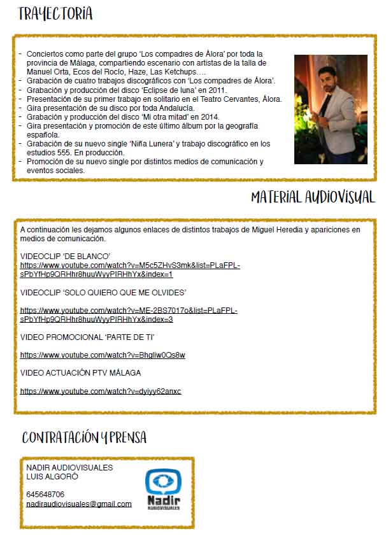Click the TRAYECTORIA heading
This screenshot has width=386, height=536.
click(55, 14)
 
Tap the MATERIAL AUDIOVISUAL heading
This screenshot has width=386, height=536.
click(313, 197)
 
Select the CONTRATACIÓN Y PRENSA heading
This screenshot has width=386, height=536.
click(84, 437)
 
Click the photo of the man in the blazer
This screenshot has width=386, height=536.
click(331, 109)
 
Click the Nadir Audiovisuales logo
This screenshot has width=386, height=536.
click(163, 490)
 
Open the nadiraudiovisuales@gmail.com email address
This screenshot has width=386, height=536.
click(79, 504)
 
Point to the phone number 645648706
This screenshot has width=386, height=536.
click(45, 494)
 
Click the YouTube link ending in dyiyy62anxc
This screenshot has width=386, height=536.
click(101, 391)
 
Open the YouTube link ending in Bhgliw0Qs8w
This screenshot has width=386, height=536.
click(103, 355)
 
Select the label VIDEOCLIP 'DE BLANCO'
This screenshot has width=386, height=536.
click(66, 256)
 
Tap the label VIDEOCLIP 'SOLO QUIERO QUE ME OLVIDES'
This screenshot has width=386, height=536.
click(103, 292)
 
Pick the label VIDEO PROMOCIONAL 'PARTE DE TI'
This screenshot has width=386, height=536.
click(88, 336)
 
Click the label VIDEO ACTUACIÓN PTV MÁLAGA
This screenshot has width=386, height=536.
click(81, 372)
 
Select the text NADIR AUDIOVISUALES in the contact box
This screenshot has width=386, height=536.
click(69, 467)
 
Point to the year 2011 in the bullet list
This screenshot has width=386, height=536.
click(215, 90)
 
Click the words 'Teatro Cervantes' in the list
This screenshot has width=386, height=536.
click(229, 99)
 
